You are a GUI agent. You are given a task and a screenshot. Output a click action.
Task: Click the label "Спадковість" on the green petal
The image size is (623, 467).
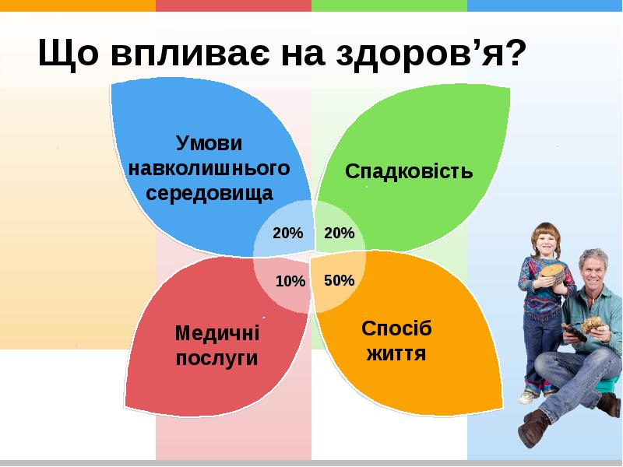click(409, 170)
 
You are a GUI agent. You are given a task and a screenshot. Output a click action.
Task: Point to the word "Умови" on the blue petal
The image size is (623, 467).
click(209, 143)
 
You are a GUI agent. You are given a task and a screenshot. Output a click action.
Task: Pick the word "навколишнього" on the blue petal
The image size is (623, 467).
click(209, 167)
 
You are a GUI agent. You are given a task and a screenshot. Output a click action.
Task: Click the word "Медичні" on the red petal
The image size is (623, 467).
click(217, 332)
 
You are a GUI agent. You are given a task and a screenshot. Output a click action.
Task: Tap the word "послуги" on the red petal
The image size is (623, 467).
click(217, 358)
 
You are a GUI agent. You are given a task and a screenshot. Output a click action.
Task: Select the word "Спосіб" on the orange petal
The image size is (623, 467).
click(396, 328)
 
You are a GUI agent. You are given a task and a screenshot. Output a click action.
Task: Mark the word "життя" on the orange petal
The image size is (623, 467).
click(396, 354)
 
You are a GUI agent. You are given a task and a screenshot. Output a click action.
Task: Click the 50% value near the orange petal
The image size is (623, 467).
click(340, 280)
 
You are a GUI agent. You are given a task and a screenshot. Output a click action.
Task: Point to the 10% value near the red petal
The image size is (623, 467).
click(290, 281)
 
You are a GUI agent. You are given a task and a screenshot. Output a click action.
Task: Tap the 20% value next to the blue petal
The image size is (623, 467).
click(287, 233)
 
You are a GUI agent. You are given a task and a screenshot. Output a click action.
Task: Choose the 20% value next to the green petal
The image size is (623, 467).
click(340, 233)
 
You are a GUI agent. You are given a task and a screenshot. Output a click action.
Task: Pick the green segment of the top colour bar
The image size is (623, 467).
click(389, 5)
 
